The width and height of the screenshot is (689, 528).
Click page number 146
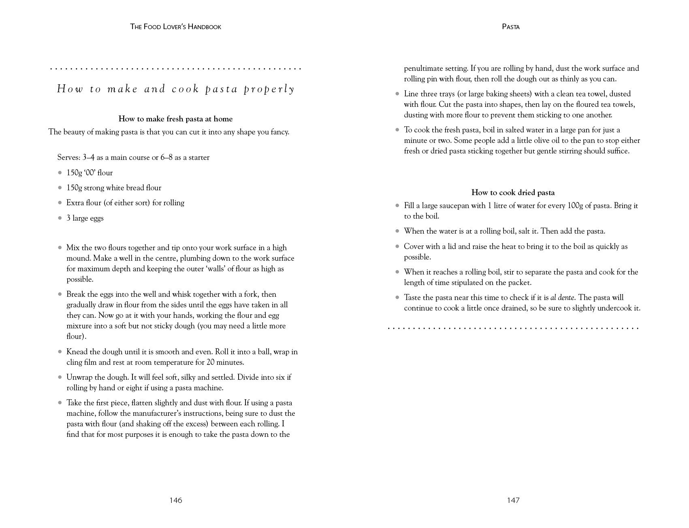point(176,500)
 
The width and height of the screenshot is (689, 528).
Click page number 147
point(513,500)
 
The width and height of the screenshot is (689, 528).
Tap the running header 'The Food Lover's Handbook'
point(175,27)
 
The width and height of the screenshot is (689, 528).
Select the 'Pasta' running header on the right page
point(511,27)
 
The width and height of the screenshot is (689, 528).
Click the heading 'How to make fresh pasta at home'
point(175,119)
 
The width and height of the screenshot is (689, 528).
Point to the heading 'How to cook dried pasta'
point(513,192)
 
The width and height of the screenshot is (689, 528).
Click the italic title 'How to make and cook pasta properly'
point(176,89)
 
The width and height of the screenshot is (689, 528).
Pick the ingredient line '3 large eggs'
point(85,218)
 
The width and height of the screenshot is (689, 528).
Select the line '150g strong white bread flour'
point(114,188)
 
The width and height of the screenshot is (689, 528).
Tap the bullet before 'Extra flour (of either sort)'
point(60,203)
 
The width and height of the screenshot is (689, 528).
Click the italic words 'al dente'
point(563,298)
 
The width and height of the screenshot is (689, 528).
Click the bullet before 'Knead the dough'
point(60,352)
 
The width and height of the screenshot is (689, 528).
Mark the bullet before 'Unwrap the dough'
point(60,377)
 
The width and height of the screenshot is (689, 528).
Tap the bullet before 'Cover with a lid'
point(397,247)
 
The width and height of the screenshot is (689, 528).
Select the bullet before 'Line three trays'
point(397,94)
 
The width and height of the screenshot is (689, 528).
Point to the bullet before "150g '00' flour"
point(60,173)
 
